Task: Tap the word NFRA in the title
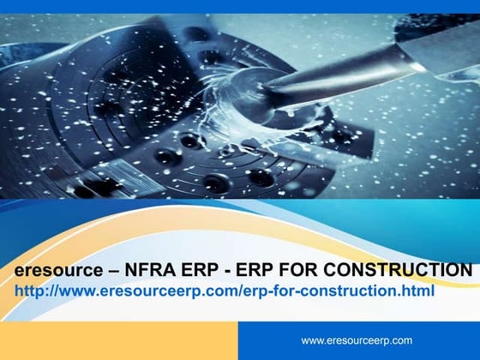[149, 272]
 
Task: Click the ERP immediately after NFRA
[197, 272]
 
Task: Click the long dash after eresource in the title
[111, 272]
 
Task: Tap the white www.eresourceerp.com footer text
[357, 340]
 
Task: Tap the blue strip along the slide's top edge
[240, 6]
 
